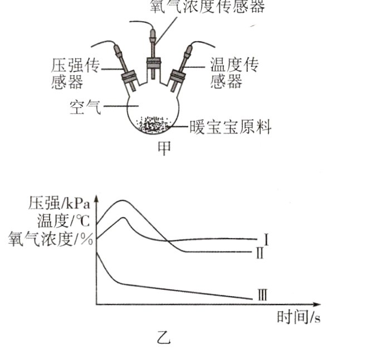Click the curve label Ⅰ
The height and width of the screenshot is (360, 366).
pyautogui.click(x=267, y=240)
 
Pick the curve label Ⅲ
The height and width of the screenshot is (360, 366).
pyautogui.click(x=262, y=295)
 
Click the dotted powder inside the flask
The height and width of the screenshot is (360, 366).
pyautogui.click(x=154, y=125)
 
